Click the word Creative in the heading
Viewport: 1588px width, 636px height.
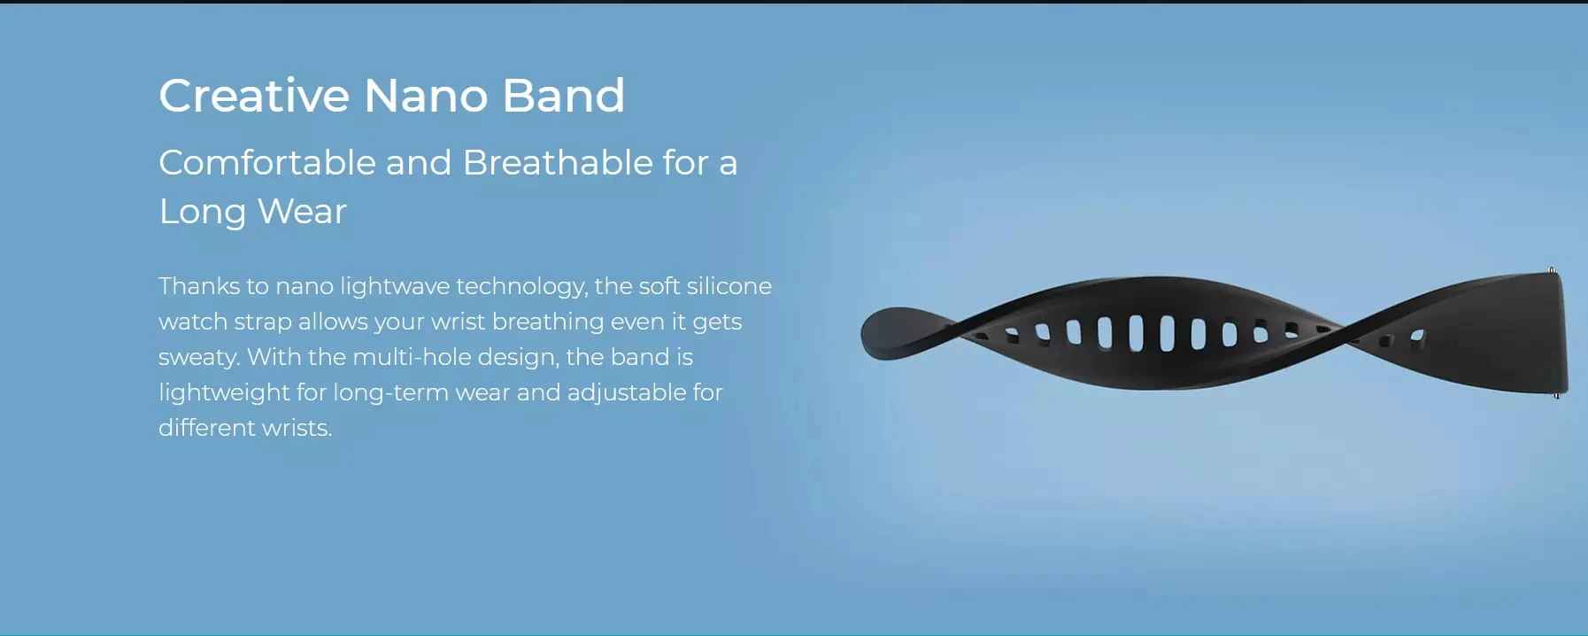pos(254,95)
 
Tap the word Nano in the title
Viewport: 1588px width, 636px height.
pos(426,95)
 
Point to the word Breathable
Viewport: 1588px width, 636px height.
pos(558,162)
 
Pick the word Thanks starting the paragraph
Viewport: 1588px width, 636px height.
pos(199,286)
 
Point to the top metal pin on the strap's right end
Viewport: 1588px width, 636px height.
pos(1551,270)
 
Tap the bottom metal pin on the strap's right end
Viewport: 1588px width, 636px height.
pos(1557,395)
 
